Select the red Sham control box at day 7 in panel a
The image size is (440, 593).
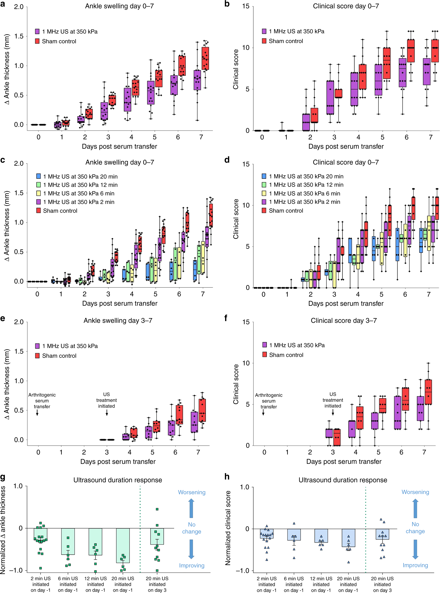tap(205, 58)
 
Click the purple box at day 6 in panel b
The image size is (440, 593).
tap(402, 73)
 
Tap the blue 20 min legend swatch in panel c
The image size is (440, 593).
tap(39, 176)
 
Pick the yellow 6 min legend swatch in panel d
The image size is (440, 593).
tap(264, 193)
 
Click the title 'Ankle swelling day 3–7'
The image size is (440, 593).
tap(118, 320)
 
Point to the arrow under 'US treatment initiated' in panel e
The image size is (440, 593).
tap(107, 413)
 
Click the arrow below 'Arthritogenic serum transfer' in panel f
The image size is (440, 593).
tap(263, 412)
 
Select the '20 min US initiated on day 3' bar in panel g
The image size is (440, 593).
tap(157, 536)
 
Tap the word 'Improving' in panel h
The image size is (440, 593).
tap(415, 565)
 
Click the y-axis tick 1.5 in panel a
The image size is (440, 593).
tap(19, 36)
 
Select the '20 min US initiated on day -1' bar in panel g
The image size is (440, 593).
tap(123, 546)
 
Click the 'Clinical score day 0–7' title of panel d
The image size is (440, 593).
tap(345, 162)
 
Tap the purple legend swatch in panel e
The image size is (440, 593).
tap(37, 346)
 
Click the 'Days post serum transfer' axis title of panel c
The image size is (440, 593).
tap(120, 303)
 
